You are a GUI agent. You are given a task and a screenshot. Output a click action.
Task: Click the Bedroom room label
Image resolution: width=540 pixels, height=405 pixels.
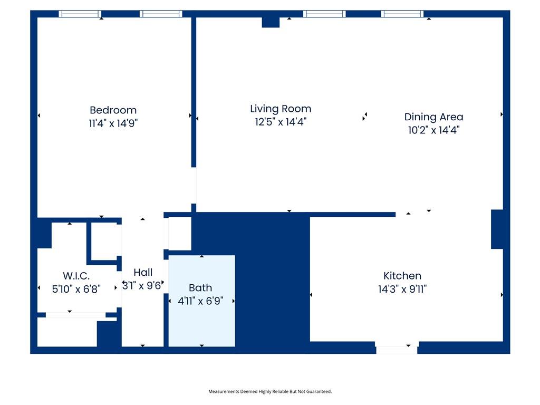coord(113,110)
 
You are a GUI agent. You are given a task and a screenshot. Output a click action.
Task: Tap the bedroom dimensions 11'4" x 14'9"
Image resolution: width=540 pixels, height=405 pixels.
coord(113,123)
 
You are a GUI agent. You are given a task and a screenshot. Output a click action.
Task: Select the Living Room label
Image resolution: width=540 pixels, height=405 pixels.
coord(281,109)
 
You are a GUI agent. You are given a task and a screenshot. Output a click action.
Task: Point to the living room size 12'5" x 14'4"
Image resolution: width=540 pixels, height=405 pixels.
coord(281,122)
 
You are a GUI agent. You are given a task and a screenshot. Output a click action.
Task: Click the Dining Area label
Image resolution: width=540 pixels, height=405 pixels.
coord(433,117)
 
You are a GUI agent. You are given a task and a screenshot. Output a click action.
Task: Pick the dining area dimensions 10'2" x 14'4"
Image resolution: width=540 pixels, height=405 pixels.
coord(434,130)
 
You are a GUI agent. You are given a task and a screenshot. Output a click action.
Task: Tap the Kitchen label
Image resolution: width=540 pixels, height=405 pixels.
coord(402,275)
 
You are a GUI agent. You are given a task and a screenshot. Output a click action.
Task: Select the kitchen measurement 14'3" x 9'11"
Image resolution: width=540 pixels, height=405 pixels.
coord(402,289)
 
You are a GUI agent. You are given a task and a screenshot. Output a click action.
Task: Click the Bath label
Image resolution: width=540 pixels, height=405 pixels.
coord(200,287)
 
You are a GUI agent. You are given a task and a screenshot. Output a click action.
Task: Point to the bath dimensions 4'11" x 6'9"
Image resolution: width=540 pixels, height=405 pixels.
coord(200,301)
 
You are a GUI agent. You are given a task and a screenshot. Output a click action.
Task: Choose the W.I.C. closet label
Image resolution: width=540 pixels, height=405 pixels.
coord(76,276)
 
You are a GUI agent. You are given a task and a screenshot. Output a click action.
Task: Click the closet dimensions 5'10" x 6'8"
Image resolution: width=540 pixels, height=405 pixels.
coord(76,289)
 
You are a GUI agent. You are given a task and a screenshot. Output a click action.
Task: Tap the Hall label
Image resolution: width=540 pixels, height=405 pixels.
coord(143,273)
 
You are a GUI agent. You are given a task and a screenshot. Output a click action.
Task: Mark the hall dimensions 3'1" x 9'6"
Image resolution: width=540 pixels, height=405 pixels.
coord(142,285)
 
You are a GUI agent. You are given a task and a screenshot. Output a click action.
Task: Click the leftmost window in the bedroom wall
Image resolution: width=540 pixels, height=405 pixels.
coord(80,14)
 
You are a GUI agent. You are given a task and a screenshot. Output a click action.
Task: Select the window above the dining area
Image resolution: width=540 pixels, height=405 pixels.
coord(402,14)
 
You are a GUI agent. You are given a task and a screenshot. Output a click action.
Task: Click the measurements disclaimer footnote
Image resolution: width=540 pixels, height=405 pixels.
coord(270,391)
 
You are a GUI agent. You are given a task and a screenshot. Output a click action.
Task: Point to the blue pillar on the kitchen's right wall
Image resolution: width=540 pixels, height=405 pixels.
coord(497,229)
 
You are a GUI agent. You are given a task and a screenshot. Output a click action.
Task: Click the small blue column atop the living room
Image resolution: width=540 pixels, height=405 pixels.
coord(271,22)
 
